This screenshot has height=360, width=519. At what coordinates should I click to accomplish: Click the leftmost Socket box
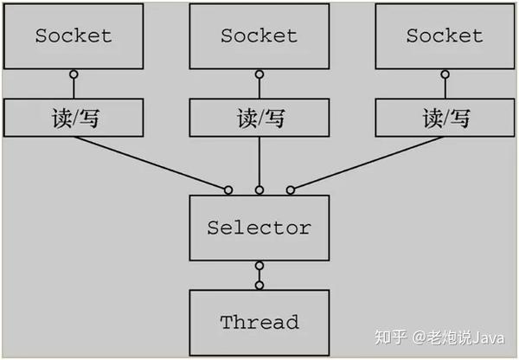[73, 36]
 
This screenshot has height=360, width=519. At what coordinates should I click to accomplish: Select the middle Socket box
[259, 36]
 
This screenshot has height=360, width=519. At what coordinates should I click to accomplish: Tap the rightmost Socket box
[445, 36]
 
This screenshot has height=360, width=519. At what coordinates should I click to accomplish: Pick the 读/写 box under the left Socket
[73, 118]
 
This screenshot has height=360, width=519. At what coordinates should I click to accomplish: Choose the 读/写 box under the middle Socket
[259, 118]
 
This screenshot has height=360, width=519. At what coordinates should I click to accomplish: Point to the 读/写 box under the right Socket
[445, 118]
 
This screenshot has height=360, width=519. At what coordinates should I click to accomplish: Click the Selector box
[259, 228]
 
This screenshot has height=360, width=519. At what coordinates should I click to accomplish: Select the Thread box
[259, 323]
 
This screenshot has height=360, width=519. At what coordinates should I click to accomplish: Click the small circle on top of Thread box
[259, 285]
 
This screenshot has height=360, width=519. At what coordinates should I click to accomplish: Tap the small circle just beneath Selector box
[259, 266]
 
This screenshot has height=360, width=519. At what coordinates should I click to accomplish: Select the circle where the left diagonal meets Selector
[228, 190]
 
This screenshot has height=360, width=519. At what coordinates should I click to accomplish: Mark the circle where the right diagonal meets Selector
[290, 190]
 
